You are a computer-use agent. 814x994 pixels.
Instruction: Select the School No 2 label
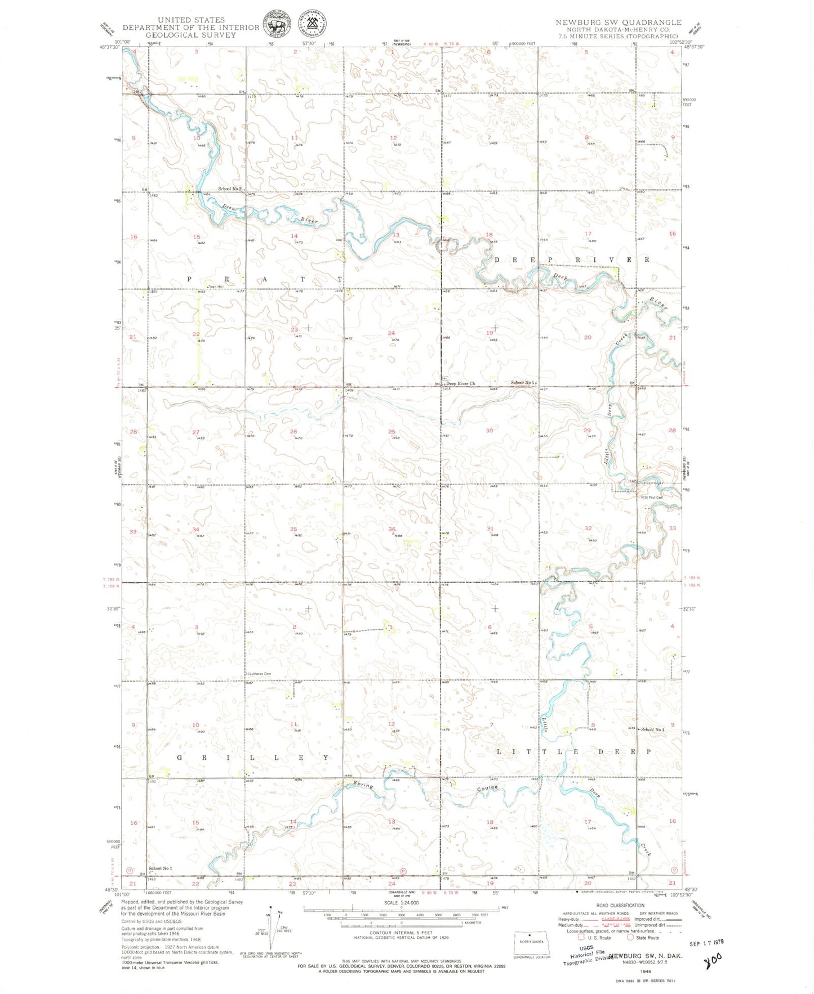[x=230, y=189]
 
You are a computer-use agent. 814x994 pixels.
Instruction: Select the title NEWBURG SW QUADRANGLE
[x=618, y=23]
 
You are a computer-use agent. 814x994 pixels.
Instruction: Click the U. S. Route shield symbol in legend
[x=581, y=938]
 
